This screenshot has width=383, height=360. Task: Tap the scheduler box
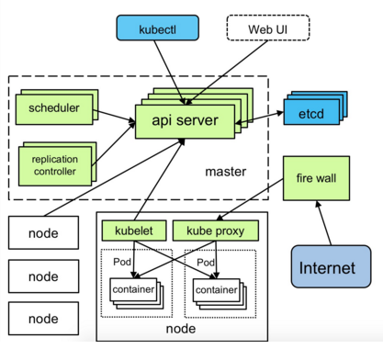(54, 109)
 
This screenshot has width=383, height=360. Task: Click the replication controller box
(54, 163)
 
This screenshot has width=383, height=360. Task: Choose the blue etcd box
(310, 115)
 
